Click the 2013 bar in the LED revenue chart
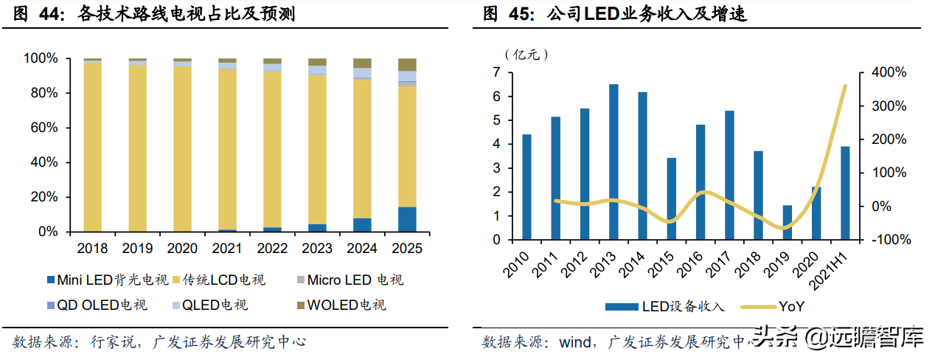click(x=614, y=162)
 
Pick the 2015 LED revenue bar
click(x=671, y=198)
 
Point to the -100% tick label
click(x=891, y=240)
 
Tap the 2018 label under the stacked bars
click(x=92, y=249)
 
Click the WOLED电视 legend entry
click(x=343, y=305)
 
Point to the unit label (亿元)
click(x=526, y=54)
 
